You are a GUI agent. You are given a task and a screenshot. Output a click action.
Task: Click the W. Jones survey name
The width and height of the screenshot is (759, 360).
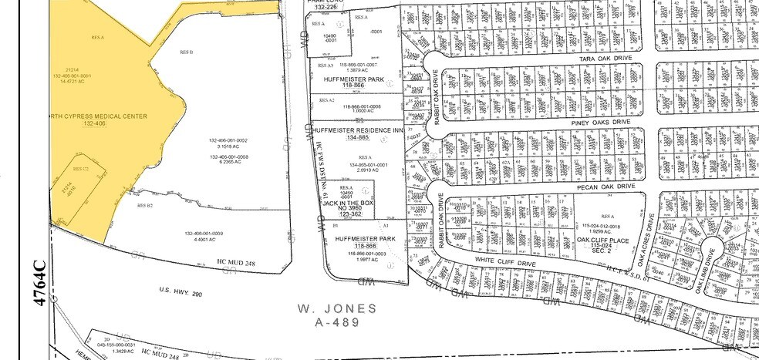coord(337,310)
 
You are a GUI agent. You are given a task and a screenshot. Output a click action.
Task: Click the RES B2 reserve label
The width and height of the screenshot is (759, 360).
coord(145,206)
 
